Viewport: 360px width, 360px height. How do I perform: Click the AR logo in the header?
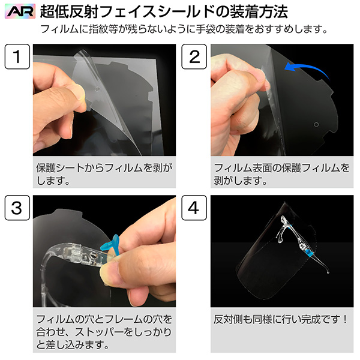20,11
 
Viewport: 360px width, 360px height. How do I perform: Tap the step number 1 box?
17,56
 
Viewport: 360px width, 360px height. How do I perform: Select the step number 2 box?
194,56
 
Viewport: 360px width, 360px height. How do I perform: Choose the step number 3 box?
17,208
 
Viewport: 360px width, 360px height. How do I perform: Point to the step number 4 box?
194,208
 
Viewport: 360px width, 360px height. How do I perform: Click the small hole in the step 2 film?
316,124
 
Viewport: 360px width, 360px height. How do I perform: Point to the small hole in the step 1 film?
97,89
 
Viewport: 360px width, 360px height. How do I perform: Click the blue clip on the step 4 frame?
310,254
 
